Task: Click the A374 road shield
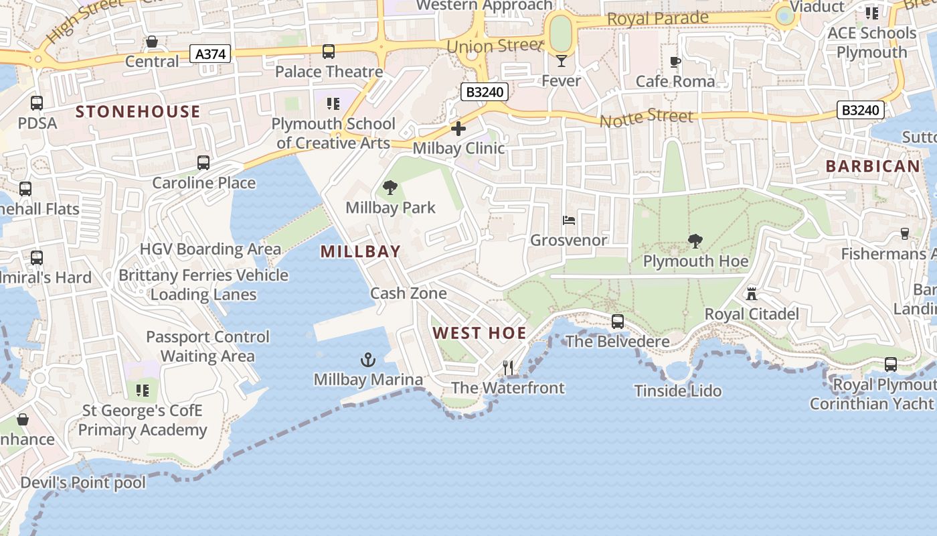(x=211, y=54)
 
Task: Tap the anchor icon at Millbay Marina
(x=368, y=360)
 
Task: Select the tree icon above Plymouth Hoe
(x=695, y=241)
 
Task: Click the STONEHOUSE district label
(x=138, y=111)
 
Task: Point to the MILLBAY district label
(x=361, y=252)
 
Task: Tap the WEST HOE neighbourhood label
(x=479, y=333)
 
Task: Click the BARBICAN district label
(x=873, y=166)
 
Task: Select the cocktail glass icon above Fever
(x=561, y=61)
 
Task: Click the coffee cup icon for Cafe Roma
(x=675, y=62)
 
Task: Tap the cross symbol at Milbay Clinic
(x=458, y=128)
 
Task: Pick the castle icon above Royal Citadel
(x=752, y=293)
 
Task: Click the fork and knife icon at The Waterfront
(x=508, y=368)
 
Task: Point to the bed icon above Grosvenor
(x=568, y=220)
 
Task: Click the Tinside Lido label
(x=678, y=391)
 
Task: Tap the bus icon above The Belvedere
(x=618, y=322)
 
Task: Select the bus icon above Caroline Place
(x=203, y=163)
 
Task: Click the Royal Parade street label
(x=658, y=19)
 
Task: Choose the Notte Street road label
(x=647, y=119)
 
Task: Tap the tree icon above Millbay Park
(x=390, y=188)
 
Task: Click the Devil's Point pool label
(x=83, y=482)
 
